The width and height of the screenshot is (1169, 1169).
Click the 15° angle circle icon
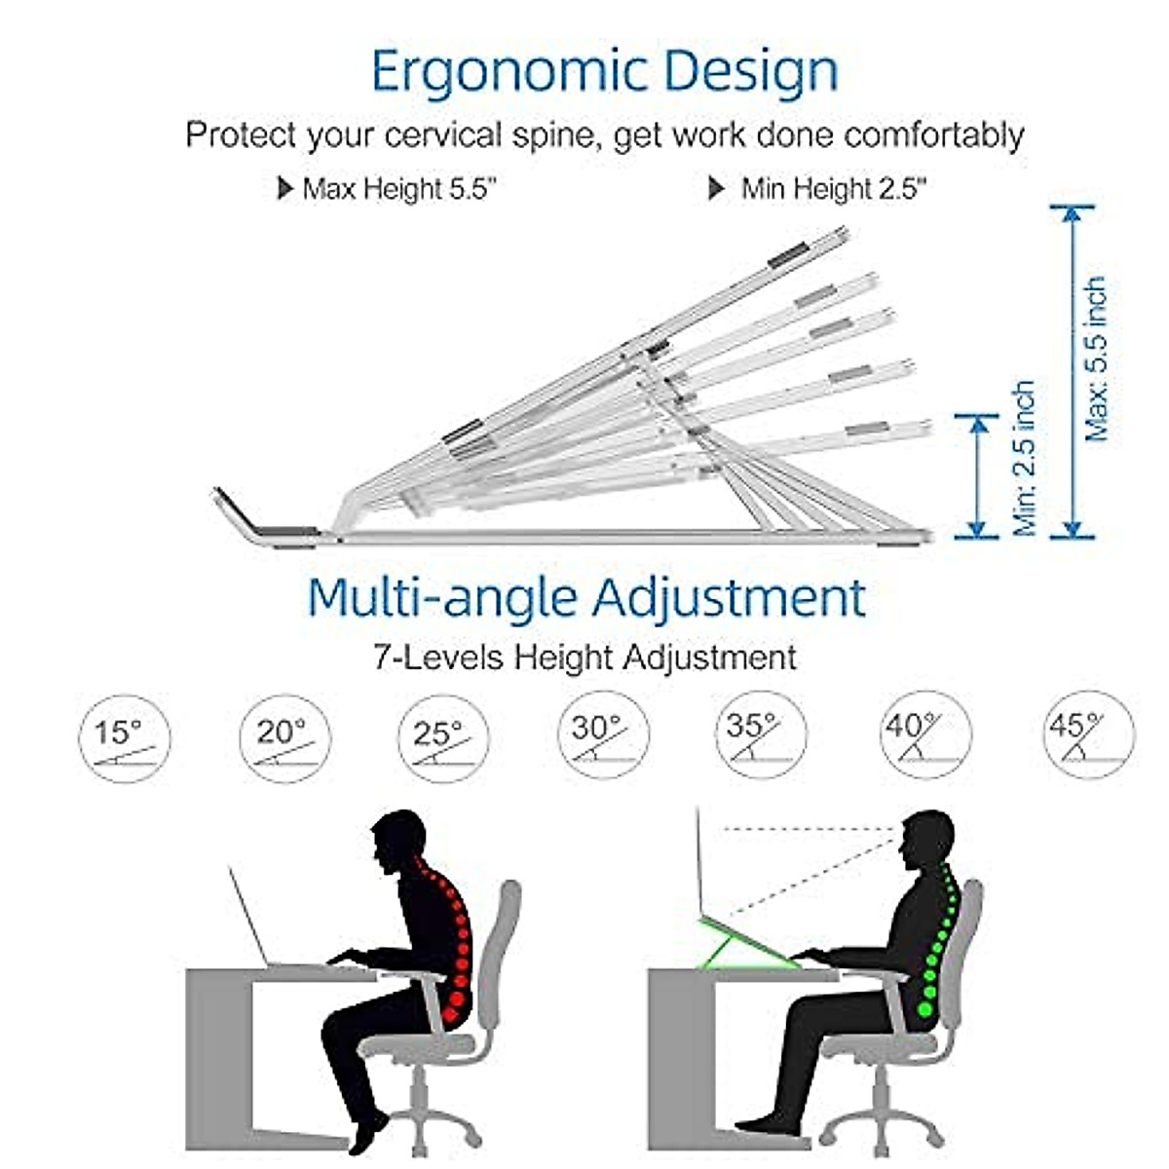(x=125, y=738)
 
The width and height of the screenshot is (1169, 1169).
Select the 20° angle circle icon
(x=284, y=738)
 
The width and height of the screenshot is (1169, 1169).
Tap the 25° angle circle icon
(x=442, y=737)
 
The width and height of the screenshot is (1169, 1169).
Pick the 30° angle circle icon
(x=603, y=735)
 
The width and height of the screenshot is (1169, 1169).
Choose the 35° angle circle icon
(x=761, y=735)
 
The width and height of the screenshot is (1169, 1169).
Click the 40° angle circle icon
(x=924, y=735)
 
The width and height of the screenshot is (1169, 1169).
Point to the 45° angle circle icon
(x=1088, y=735)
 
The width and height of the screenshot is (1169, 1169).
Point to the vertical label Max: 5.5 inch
(x=1097, y=358)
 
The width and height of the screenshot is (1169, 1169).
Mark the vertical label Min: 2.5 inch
(x=1025, y=458)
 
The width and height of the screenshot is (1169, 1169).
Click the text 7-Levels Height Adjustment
(x=584, y=657)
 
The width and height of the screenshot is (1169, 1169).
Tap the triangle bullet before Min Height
(x=716, y=188)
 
